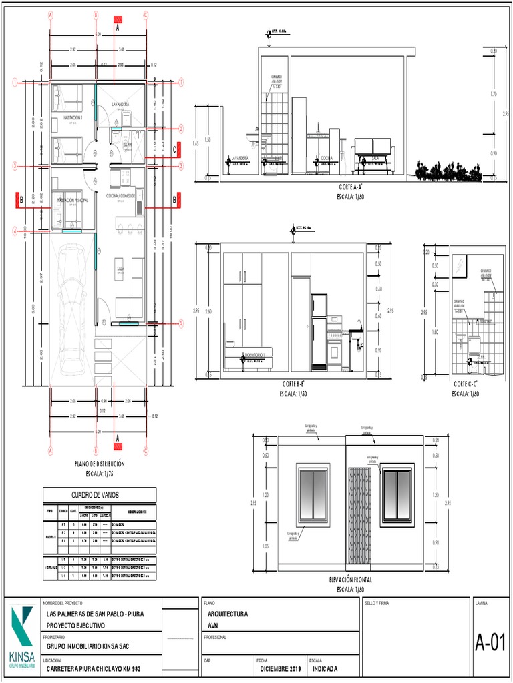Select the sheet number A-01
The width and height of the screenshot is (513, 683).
[490, 644]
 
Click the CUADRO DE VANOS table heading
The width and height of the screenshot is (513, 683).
[99, 495]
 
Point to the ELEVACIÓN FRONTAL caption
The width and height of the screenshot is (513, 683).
[350, 581]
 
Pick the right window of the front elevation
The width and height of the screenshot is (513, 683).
[397, 494]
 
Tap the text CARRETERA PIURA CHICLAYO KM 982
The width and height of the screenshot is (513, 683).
[94, 669]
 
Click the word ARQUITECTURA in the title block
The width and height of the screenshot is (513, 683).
[228, 614]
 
